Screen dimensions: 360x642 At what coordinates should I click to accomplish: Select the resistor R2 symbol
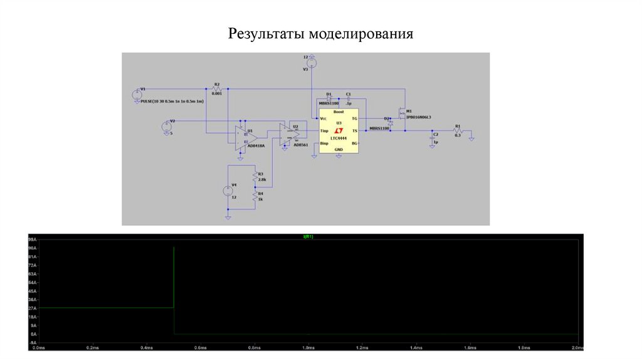217,88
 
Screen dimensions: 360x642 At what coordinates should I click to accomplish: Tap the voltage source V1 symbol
137,95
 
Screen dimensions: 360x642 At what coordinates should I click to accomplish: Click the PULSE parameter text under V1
172,101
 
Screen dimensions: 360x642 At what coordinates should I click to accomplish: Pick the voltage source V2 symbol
166,125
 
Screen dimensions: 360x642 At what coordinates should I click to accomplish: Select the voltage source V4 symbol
228,191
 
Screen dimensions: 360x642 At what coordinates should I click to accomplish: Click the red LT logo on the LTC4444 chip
339,130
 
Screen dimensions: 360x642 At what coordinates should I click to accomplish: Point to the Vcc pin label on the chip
323,119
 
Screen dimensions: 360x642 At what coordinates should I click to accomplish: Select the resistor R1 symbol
458,130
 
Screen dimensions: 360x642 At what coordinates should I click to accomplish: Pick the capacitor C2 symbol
433,137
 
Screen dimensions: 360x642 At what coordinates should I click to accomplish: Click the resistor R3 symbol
255,176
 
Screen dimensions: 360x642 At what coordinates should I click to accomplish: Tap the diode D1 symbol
329,98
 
